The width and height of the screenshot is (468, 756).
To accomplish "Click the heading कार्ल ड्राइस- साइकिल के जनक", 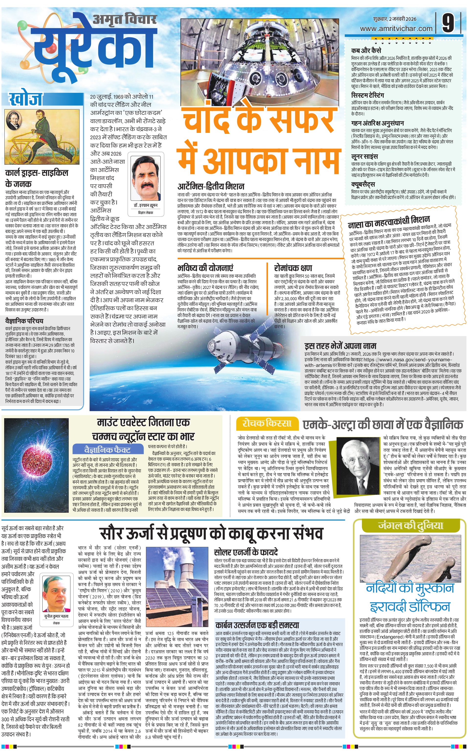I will [x=36, y=178].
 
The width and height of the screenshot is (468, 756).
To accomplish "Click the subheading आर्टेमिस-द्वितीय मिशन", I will [x=211, y=186].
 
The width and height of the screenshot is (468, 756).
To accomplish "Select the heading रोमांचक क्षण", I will [x=293, y=268].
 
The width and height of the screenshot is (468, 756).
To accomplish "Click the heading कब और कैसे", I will [x=366, y=50].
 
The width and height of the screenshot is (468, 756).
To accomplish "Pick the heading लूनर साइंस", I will [x=364, y=157].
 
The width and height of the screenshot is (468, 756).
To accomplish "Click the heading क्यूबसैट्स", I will [x=363, y=185].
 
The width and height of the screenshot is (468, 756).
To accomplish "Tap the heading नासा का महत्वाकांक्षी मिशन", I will [x=389, y=221].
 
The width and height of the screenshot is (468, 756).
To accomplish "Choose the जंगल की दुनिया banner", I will [x=411, y=525].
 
